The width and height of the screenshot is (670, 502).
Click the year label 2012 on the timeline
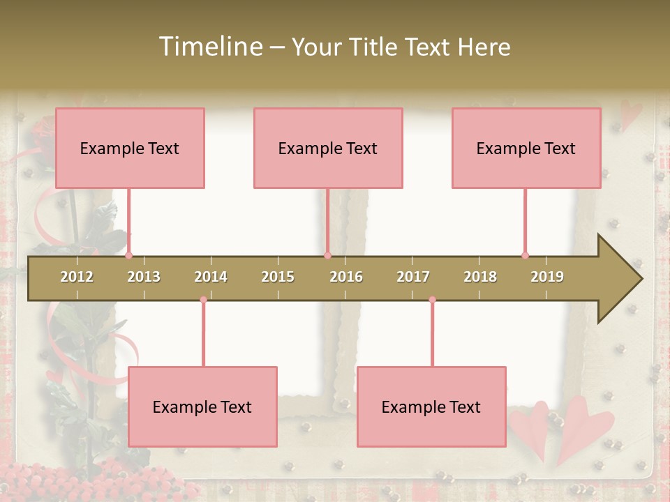[77, 277]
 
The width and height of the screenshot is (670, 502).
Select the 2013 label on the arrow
[144, 277]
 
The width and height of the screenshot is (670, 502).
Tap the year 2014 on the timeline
[211, 277]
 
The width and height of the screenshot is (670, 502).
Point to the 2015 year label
[278, 277]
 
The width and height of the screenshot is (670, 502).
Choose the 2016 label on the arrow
[346, 277]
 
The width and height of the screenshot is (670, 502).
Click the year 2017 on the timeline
[413, 277]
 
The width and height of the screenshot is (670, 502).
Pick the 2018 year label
[480, 277]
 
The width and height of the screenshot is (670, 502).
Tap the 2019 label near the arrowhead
[547, 277]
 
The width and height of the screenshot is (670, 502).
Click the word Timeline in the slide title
[209, 47]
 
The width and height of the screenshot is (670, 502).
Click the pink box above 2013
[130, 148]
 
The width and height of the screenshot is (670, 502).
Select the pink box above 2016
[328, 148]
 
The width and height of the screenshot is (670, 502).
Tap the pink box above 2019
[526, 148]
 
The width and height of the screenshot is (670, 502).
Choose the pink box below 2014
[202, 406]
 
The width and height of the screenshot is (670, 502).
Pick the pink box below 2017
[431, 406]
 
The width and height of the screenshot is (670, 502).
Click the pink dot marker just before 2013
[128, 255]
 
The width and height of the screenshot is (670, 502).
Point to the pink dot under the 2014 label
[203, 300]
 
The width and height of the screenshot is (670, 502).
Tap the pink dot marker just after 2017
[432, 300]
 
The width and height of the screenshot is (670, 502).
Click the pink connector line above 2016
[327, 220]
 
